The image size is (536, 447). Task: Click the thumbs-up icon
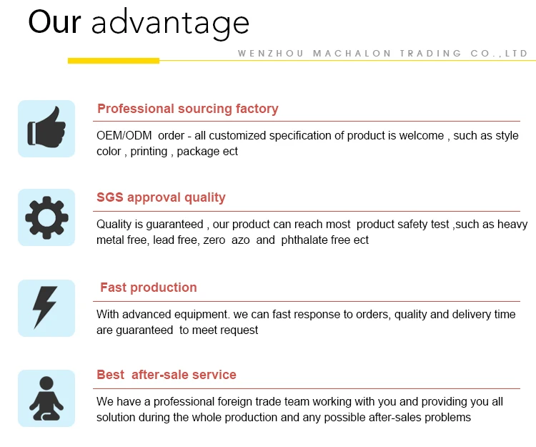click(46, 127)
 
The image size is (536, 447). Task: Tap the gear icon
click(46, 217)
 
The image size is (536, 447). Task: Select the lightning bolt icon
click(45, 308)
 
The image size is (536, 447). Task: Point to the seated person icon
click(46, 398)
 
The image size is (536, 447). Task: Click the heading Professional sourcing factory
click(188, 109)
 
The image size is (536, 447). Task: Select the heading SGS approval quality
click(161, 197)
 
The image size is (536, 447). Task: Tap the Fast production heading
click(149, 288)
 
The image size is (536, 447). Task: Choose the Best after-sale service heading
click(167, 375)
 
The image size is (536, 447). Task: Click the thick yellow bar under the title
click(114, 61)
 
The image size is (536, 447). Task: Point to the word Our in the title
click(55, 22)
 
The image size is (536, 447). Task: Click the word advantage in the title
click(170, 24)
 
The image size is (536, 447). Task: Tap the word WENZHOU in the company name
click(271, 54)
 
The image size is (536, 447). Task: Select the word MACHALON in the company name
click(352, 54)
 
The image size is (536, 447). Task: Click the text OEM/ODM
click(124, 135)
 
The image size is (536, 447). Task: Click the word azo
click(241, 240)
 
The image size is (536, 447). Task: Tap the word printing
click(149, 152)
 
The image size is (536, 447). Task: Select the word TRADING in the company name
click(431, 54)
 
